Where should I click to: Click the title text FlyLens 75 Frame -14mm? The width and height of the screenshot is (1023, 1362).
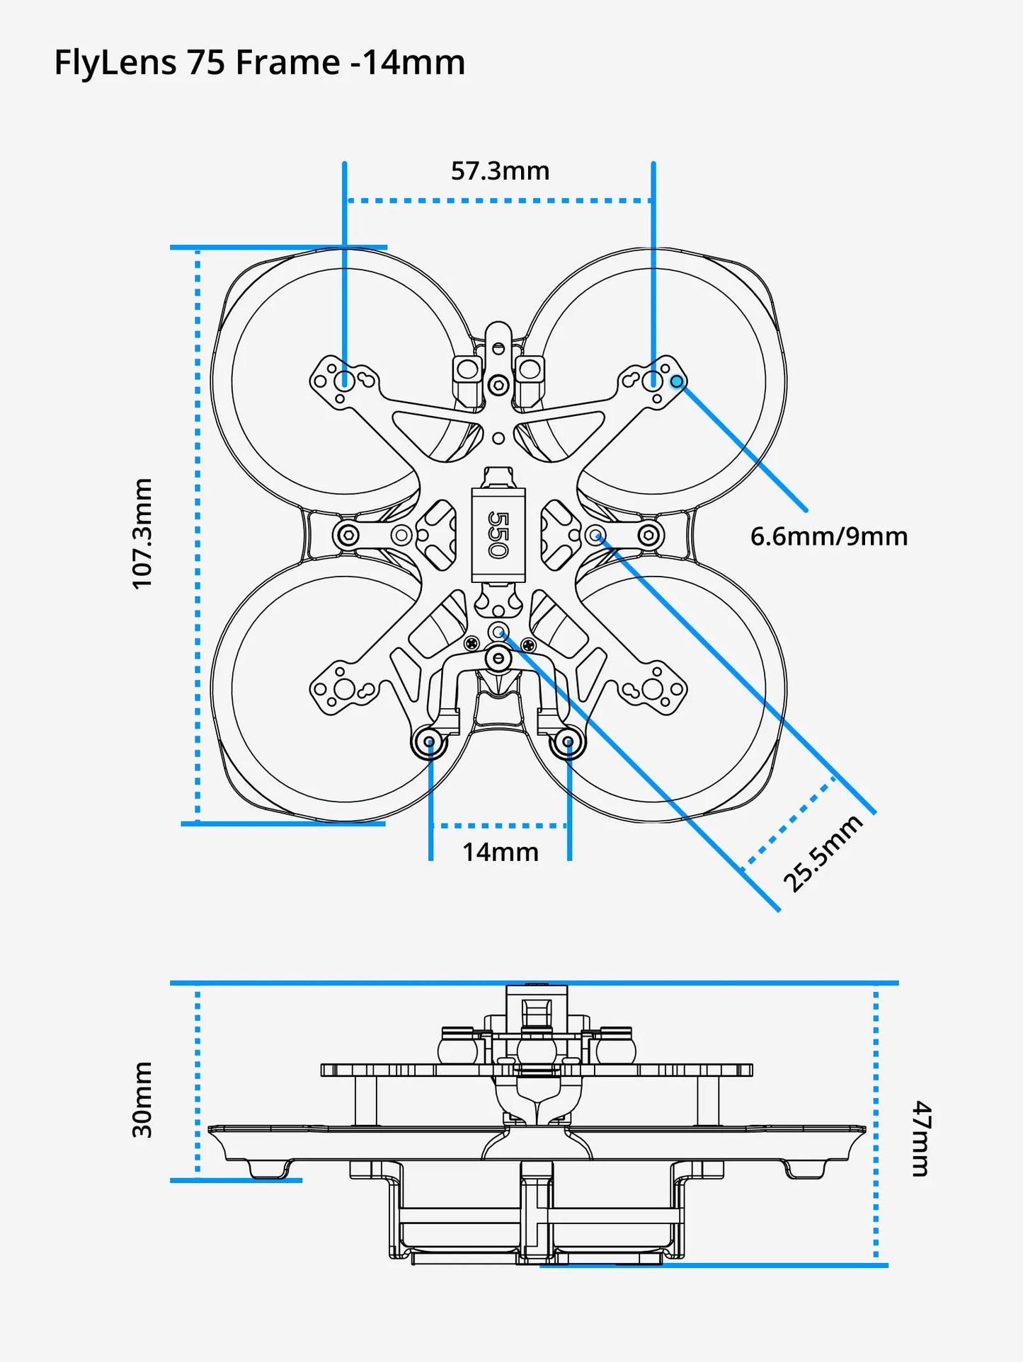(x=259, y=62)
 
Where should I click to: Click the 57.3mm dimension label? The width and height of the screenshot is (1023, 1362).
(x=500, y=171)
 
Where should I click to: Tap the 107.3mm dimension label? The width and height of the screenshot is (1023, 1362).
(x=142, y=533)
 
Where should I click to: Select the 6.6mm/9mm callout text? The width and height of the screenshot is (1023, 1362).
(x=828, y=536)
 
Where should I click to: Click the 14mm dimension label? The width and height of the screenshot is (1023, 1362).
(x=500, y=852)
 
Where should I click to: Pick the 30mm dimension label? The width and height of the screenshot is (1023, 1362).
(x=142, y=1100)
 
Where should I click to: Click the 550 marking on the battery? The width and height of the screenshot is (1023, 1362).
(x=498, y=534)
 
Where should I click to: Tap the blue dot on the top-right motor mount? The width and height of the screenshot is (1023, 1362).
(x=678, y=382)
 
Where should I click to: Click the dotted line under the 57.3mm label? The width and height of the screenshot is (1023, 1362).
(x=499, y=201)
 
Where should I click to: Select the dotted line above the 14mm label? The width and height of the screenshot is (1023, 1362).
(x=500, y=825)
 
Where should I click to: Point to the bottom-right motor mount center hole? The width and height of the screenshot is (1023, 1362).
(x=653, y=688)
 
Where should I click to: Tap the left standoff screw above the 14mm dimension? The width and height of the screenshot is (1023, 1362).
(x=429, y=742)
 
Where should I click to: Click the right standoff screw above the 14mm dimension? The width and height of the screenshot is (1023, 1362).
(x=568, y=742)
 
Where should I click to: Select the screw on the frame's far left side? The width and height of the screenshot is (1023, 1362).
(x=348, y=535)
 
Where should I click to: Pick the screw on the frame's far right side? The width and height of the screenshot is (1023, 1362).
(x=649, y=535)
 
